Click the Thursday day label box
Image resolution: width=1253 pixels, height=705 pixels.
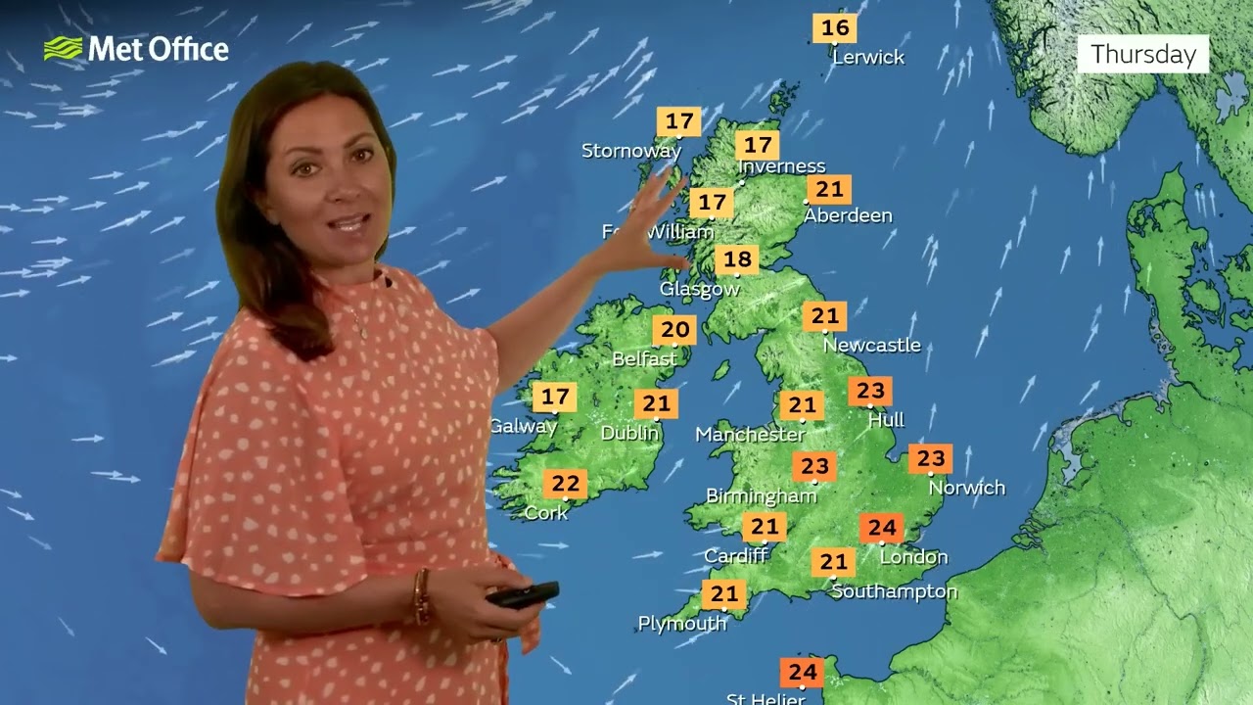(x=1143, y=54)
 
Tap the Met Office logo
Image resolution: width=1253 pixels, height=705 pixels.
(x=136, y=49)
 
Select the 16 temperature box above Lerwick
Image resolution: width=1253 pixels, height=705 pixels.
(x=835, y=27)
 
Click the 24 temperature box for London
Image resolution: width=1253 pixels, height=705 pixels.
(x=881, y=529)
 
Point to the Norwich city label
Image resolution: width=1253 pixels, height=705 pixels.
(x=966, y=488)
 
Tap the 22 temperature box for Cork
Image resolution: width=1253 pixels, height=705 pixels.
(x=565, y=484)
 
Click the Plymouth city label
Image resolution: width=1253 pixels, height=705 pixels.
(x=682, y=623)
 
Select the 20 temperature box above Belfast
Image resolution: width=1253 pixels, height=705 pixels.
(x=674, y=331)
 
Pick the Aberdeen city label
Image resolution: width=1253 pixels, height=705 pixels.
(x=848, y=215)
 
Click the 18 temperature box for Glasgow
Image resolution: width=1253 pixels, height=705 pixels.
(x=737, y=259)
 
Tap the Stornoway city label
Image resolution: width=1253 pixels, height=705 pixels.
(x=630, y=151)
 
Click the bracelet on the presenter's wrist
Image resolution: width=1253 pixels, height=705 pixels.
(x=422, y=595)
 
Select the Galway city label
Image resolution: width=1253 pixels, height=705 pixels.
(x=523, y=426)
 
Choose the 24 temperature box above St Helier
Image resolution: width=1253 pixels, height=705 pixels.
(x=802, y=673)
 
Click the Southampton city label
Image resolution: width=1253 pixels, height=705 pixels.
(x=894, y=591)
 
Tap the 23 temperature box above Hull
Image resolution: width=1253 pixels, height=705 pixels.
(x=870, y=392)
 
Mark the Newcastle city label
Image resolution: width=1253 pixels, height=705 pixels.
(x=871, y=345)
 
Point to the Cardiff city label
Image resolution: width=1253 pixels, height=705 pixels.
(x=735, y=556)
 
